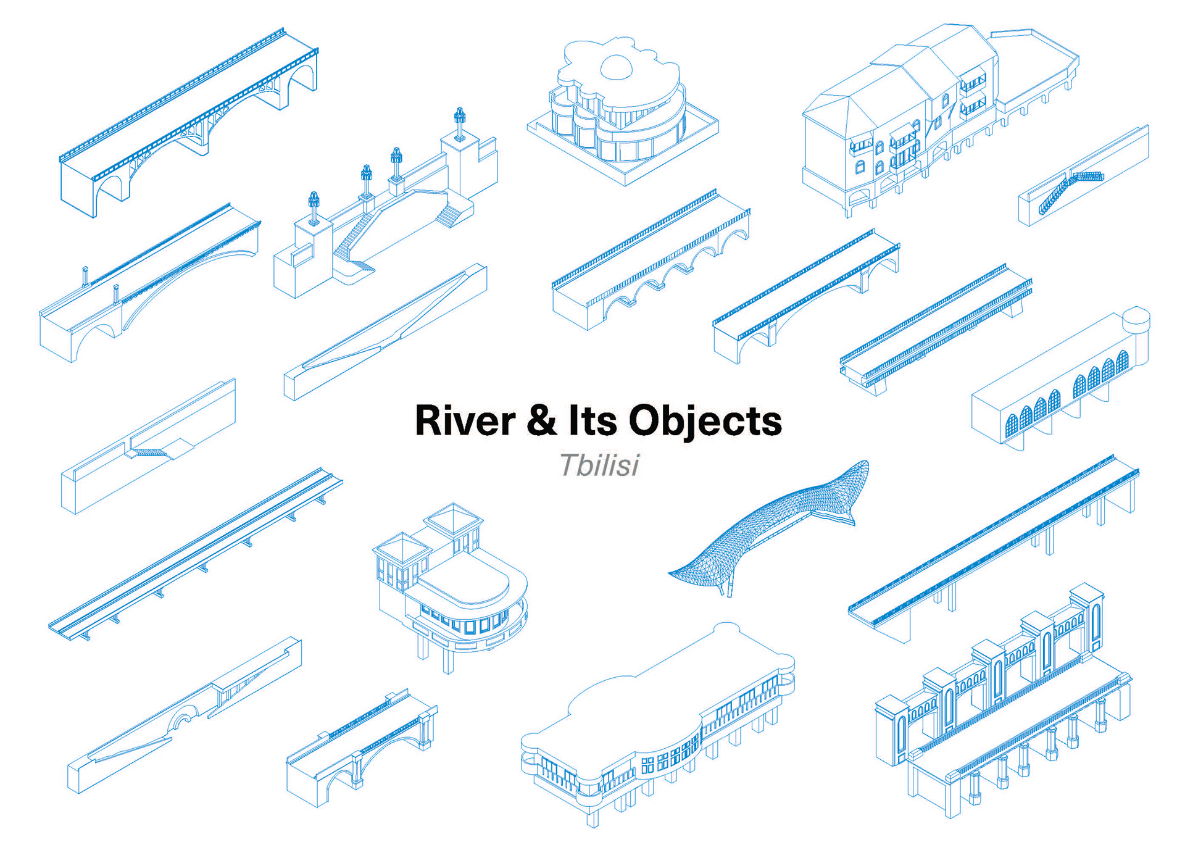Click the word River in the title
point(465,421)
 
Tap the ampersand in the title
point(541,421)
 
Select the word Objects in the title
point(705,422)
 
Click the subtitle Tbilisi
point(599,465)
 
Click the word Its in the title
point(592,421)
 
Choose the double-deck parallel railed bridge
point(935,327)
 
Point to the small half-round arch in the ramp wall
point(183,719)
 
